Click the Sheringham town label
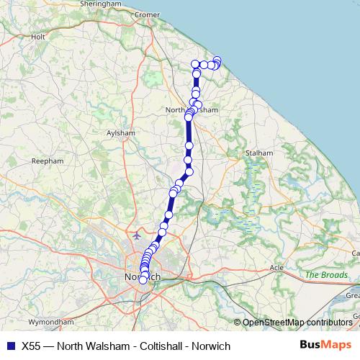point(101,4)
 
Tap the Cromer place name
point(147,14)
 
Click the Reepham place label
point(46,163)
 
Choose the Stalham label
point(259,153)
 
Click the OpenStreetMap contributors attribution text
point(297,322)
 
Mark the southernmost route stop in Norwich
point(143,280)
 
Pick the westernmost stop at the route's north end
point(195,65)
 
